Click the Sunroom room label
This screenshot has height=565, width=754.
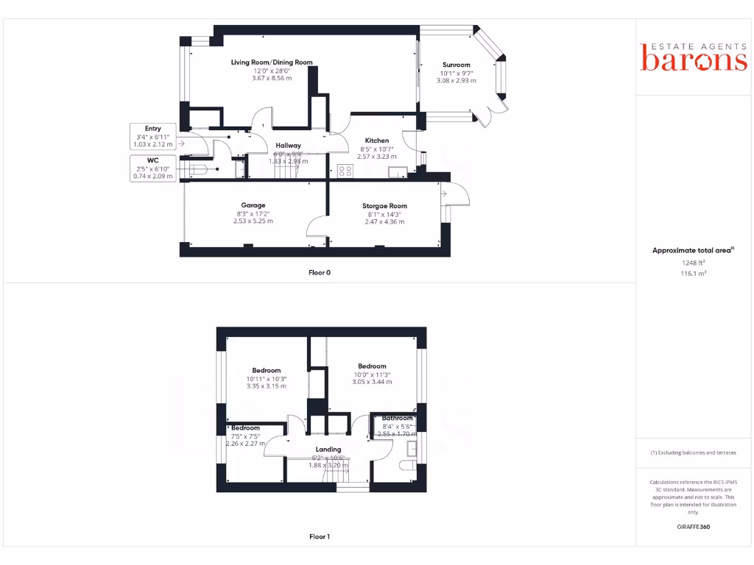click(x=457, y=65)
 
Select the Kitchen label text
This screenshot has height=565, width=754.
click(x=377, y=141)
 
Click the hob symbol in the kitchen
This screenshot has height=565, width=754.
click(x=345, y=171)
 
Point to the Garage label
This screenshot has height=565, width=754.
click(x=253, y=205)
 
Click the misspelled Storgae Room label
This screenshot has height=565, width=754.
click(x=384, y=206)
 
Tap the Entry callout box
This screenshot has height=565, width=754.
click(x=153, y=136)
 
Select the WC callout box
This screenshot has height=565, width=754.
click(x=153, y=168)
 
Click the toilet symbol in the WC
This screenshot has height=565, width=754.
click(x=199, y=170)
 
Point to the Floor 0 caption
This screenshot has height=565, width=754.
click(x=319, y=272)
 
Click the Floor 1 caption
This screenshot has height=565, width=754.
click(x=319, y=536)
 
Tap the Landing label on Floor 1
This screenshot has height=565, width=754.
click(x=328, y=449)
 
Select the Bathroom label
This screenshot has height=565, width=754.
click(x=398, y=419)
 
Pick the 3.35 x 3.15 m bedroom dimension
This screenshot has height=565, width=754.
click(x=267, y=385)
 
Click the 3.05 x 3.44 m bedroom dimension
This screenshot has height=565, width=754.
click(x=372, y=382)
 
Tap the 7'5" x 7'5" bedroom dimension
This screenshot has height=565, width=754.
click(x=245, y=436)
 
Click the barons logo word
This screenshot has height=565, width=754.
click(x=694, y=60)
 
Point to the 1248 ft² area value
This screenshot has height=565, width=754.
click(x=692, y=262)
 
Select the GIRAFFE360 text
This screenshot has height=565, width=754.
click(x=693, y=527)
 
